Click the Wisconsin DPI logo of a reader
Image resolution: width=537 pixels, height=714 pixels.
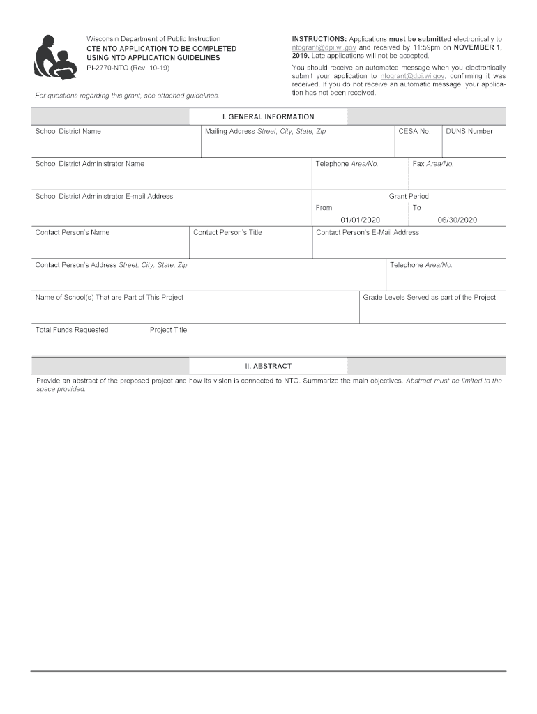coord(54,56)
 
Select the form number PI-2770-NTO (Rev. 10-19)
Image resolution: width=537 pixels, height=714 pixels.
coord(128,68)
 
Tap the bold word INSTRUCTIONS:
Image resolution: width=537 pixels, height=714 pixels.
coord(319,39)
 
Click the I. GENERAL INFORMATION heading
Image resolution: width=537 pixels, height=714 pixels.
coord(268,117)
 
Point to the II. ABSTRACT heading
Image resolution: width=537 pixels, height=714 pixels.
coord(268,366)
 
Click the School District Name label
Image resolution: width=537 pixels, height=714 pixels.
coord(68,131)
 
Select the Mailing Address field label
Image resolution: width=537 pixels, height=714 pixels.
coord(265,131)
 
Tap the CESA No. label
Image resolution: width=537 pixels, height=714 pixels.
coord(414,131)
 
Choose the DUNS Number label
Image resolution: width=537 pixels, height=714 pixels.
coord(469,131)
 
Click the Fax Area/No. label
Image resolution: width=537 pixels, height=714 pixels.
coord(433,164)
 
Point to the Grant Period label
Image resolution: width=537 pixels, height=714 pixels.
coord(409,197)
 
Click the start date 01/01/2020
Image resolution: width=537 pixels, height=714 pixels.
coord(360,220)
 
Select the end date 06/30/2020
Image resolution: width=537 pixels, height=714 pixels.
coord(457,220)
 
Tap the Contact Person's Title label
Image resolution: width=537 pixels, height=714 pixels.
coord(227,232)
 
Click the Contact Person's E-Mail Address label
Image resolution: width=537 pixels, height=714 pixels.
coord(368,232)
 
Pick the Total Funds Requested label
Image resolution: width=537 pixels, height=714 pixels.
coord(72,330)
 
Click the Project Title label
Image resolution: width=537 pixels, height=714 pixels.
coord(168,330)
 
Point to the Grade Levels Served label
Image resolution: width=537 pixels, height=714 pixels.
coord(429,297)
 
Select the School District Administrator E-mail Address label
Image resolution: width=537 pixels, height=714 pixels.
coord(104,197)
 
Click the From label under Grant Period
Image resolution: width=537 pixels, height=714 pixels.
coord(324,208)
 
